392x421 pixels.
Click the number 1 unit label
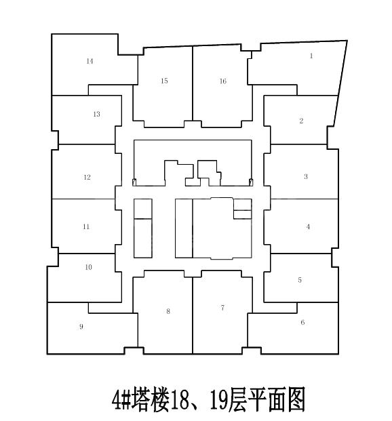coord(311,56)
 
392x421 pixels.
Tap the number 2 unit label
coord(301,121)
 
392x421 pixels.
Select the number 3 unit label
coord(306,177)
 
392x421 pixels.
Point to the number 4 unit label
coord(308,226)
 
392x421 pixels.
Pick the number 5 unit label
coord(300,280)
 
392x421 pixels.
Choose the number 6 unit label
coord(302,322)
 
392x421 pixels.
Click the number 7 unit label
coord(222,308)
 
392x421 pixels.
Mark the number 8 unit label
coord(168,311)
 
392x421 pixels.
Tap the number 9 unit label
coord(81,327)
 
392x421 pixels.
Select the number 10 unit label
coord(88,267)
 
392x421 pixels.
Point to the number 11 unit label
coord(86,226)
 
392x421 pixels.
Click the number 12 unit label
coord(87,177)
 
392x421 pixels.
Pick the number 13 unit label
coord(96,114)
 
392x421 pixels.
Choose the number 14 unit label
coord(90,61)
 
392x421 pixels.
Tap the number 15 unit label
coord(164,81)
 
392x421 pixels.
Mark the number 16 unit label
coord(223,81)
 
